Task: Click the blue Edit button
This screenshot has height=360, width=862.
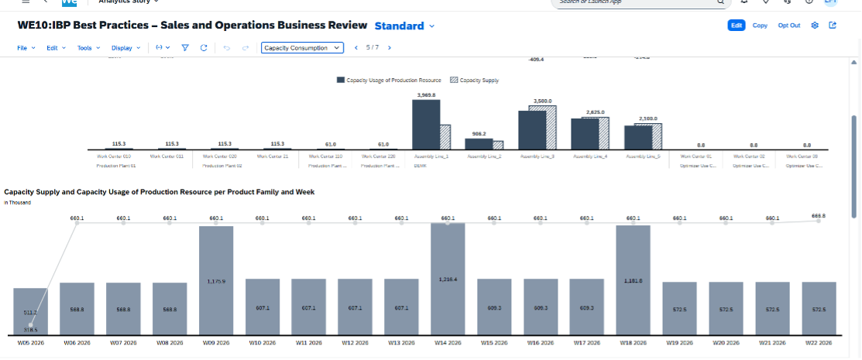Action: tap(736, 26)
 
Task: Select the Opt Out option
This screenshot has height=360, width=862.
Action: tap(788, 26)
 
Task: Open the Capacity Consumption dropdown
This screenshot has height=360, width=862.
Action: tap(302, 48)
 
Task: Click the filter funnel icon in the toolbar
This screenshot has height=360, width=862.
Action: tap(185, 48)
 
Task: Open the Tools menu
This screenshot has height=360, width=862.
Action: tap(87, 48)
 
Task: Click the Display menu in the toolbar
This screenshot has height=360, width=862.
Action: tap(126, 48)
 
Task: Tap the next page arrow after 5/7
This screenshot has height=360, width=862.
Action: tap(389, 48)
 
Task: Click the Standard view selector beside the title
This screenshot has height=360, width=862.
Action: tap(404, 26)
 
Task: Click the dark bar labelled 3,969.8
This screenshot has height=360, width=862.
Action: tap(426, 124)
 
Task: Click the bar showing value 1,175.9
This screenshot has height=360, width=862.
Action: tap(216, 283)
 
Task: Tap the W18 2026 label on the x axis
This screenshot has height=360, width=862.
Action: tap(633, 342)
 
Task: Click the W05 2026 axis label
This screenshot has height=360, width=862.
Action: tap(30, 342)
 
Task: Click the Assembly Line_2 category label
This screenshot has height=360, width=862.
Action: tap(484, 156)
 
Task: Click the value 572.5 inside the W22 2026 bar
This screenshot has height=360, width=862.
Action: tap(819, 309)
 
